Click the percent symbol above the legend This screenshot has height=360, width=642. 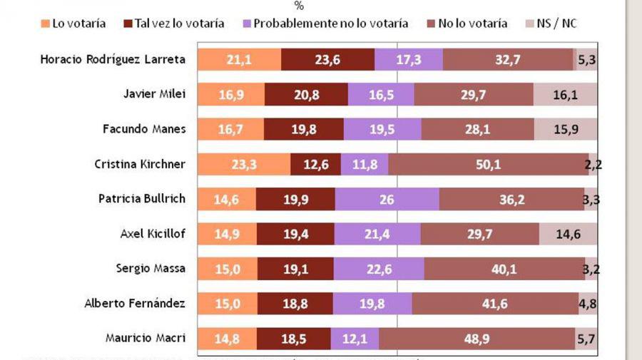click(299, 6)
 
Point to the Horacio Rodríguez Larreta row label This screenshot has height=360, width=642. click(113, 60)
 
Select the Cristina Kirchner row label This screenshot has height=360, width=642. click(140, 164)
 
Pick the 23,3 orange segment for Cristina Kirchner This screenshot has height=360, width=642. click(244, 165)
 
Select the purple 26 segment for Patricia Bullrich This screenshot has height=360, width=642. click(386, 200)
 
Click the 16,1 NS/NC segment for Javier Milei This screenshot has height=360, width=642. click(565, 95)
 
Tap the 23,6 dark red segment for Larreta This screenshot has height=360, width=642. click(327, 60)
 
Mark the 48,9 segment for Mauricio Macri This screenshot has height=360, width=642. click(477, 339)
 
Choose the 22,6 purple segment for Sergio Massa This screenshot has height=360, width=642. click(378, 269)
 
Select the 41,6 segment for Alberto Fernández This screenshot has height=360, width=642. click(494, 304)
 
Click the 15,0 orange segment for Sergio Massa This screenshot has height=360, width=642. click(227, 269)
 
